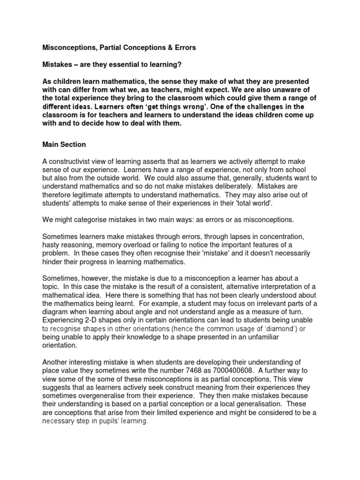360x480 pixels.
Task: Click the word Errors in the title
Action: pos(184,48)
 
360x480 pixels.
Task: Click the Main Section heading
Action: pos(64,145)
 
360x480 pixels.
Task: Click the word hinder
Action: pos(52,262)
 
